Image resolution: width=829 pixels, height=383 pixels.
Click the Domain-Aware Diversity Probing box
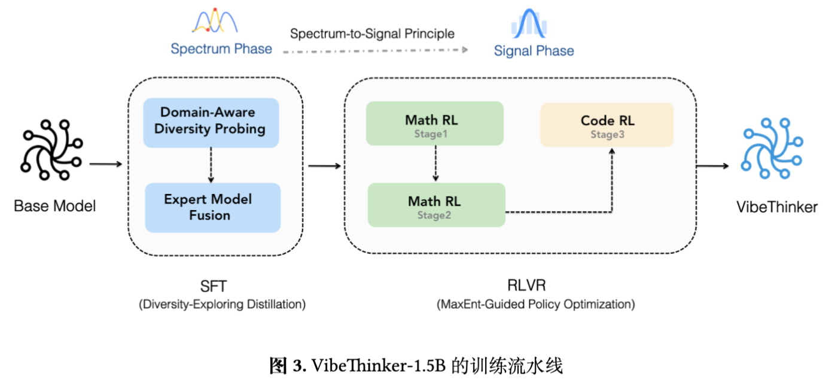(211, 121)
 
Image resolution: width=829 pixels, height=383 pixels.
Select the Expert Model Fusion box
(212, 207)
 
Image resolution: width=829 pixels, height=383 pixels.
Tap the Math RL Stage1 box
(435, 124)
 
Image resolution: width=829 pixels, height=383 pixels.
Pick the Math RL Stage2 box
(436, 205)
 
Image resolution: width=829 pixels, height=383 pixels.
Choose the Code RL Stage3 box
(607, 124)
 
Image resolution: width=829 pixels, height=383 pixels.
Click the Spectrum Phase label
(221, 49)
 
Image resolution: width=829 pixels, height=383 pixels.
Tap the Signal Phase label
(534, 51)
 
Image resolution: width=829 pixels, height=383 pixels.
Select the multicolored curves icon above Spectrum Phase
(215, 21)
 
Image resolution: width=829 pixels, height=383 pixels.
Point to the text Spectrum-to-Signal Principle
(372, 34)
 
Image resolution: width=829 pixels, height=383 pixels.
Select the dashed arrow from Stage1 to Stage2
(435, 163)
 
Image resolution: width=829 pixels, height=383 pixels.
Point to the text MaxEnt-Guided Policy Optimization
(535, 304)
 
